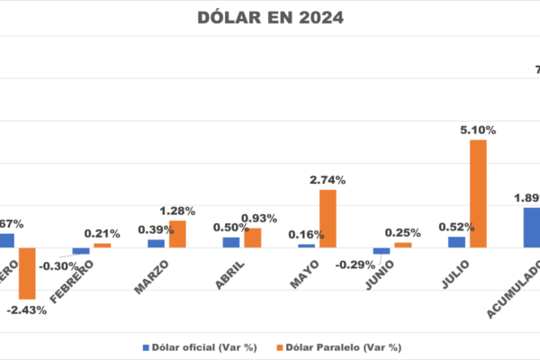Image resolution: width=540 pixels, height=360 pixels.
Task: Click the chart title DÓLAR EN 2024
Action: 269,17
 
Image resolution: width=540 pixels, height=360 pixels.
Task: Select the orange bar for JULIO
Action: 478,193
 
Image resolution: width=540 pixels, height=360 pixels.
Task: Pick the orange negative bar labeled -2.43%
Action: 27,274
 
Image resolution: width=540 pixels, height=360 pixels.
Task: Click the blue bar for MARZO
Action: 157,243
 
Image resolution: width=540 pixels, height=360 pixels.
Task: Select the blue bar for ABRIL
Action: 231,242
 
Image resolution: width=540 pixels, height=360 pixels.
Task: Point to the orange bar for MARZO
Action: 178,234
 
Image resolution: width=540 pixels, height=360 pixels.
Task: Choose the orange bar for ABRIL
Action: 253,238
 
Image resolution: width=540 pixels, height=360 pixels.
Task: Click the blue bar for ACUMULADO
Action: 532,228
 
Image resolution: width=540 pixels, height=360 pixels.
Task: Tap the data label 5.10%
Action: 476,130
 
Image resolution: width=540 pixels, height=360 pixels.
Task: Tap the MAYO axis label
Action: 305,273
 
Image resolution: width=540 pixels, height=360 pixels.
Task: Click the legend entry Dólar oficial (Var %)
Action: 198,346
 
